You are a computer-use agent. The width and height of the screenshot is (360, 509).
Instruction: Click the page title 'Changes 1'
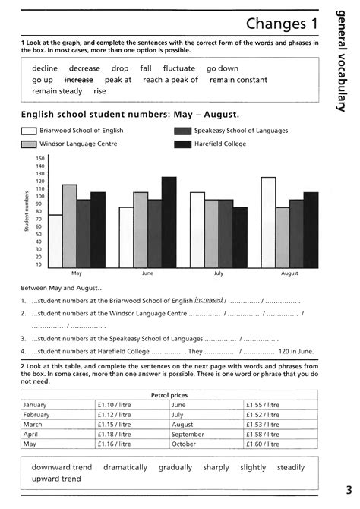[x=281, y=24]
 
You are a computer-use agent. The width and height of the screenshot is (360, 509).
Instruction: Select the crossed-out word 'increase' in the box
[x=78, y=80]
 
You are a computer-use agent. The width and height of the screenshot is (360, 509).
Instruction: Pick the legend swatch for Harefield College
[x=182, y=144]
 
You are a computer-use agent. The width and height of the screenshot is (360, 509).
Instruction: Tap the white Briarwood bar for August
[x=267, y=220]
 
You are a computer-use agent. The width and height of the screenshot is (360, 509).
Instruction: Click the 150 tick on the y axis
[x=40, y=158]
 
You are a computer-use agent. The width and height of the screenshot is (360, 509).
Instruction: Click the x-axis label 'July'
[x=218, y=272]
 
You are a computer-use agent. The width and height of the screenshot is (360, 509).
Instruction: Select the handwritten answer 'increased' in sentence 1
[x=208, y=299]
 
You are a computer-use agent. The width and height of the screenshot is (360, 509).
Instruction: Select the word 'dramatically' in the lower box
[x=126, y=468]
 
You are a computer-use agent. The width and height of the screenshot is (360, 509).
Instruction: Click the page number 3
[x=349, y=488]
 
